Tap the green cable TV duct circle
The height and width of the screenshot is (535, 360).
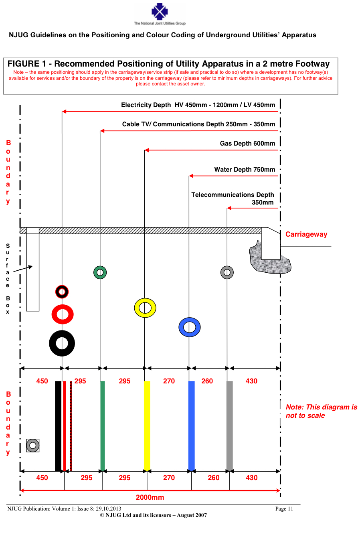coord(100,273)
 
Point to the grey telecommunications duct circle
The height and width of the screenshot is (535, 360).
coord(227,273)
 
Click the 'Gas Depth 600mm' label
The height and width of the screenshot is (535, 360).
coord(247,144)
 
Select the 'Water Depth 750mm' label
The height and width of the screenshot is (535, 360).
coord(245,170)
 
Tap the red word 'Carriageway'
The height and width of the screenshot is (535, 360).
coord(306,234)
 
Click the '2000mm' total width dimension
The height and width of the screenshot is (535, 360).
coord(150,497)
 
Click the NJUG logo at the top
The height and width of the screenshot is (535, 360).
coord(160,12)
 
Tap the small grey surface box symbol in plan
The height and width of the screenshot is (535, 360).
coord(33,446)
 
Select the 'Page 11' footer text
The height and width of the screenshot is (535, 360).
coord(284,509)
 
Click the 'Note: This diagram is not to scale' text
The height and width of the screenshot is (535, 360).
coord(321,411)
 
